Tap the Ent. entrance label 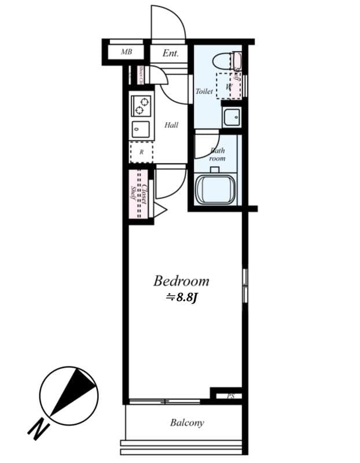[170, 53]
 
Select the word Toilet [204, 91]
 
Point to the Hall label [171, 125]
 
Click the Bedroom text [181, 282]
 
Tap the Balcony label [186, 423]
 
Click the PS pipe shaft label [230, 396]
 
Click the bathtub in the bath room [215, 189]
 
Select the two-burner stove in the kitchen [141, 106]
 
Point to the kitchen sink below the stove [141, 129]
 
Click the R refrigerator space [141, 153]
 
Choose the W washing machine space [229, 87]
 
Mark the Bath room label [217, 154]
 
